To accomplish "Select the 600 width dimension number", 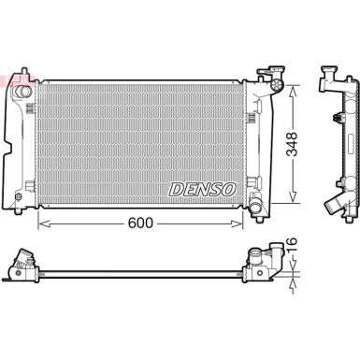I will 141,198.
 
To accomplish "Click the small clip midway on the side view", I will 334,117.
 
